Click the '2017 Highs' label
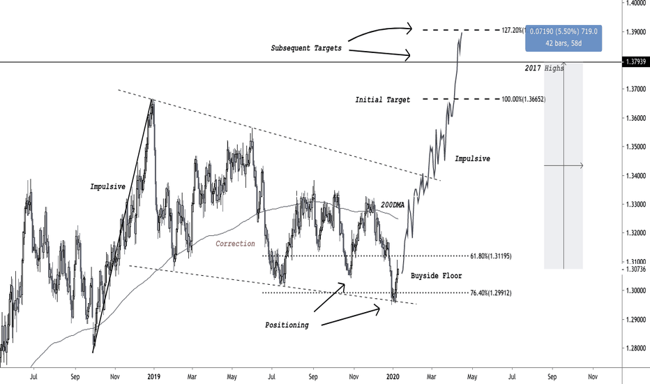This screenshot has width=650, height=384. tap(544, 68)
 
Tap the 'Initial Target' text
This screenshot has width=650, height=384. tap(383, 100)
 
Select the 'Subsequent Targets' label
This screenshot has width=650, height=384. tap(305, 48)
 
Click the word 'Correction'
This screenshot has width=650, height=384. tap(235, 244)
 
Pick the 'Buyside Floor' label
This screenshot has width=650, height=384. tap(436, 276)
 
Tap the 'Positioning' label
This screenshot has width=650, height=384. tap(287, 325)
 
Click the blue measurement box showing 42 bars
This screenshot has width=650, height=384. tap(564, 36)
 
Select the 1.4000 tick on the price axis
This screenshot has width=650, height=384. tap(635, 3)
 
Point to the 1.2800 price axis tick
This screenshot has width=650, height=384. tap(635, 348)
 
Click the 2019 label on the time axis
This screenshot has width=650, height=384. tap(154, 377)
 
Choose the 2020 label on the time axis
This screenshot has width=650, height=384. tap(393, 377)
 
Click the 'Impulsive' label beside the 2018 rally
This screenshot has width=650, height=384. tap(108, 186)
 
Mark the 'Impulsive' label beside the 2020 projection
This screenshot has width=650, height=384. tap(472, 158)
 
